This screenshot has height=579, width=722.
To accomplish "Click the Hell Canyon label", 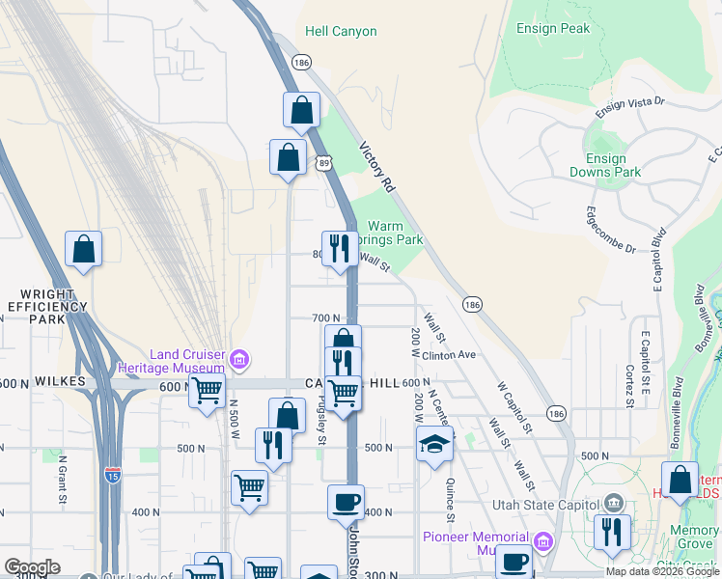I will tap(341, 31).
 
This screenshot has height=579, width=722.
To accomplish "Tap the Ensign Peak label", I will tap(553, 29).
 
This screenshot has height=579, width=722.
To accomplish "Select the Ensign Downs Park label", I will tap(613, 165).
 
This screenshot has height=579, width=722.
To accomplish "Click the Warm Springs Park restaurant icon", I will tap(338, 248).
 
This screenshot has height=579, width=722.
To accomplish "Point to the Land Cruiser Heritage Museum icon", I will tap(239, 360).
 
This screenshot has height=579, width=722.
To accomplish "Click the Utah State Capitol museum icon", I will tap(612, 504).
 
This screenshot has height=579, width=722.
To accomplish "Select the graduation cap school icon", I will tap(434, 443).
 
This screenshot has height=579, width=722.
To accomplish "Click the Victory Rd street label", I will tap(377, 167).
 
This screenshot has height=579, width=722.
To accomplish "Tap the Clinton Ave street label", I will tap(450, 355).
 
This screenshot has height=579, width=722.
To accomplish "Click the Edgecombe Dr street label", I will tap(611, 229).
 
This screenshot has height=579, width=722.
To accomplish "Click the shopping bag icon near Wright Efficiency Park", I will tap(84, 249).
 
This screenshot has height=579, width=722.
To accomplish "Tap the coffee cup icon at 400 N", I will tap(346, 502).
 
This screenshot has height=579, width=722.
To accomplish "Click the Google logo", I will tap(32, 566).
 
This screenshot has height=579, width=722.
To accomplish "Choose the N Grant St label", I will tap(63, 481).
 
